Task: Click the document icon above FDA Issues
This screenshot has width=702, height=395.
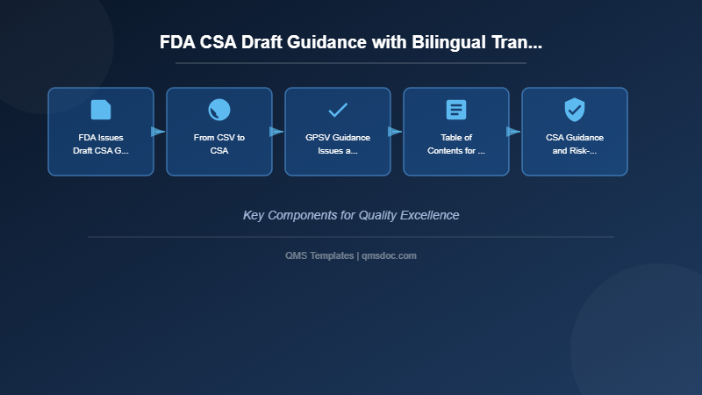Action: pos(101,110)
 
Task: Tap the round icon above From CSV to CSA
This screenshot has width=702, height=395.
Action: pos(219,110)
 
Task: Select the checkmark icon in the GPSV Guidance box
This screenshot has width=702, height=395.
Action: pos(338,110)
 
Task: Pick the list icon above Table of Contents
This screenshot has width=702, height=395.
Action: pos(456,110)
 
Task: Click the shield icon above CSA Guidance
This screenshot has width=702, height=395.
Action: pos(575,110)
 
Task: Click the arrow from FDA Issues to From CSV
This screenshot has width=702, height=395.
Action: pos(159,132)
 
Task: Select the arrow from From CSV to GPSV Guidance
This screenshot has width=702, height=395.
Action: pos(277,132)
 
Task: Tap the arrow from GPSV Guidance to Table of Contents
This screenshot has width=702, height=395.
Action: pos(396,132)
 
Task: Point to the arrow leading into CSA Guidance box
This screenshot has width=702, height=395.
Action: pos(514,132)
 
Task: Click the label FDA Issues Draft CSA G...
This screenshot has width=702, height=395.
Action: pos(101,144)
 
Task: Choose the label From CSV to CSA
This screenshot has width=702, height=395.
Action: pos(219,144)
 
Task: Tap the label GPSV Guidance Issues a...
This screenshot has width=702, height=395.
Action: pos(338,144)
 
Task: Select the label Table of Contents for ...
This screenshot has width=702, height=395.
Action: pos(456,144)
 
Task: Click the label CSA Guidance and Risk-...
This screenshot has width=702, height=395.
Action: pos(575,144)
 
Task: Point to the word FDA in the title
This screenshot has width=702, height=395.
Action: pos(178,42)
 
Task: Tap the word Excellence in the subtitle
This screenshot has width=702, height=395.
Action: pos(427,215)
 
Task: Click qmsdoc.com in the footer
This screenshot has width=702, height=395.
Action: pos(389,255)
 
